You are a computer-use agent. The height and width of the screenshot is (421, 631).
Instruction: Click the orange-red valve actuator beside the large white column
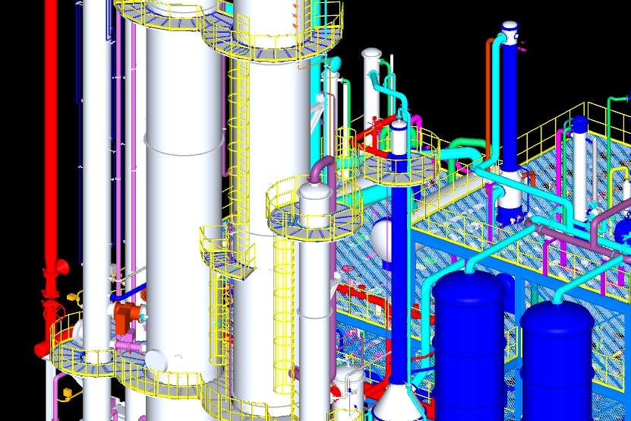pos(128,313)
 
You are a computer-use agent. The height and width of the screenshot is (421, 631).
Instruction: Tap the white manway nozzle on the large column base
pos(155,359)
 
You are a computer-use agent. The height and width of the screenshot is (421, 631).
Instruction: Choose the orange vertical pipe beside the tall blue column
pos(488,91)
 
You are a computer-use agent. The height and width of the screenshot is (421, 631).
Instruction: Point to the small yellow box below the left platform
pos(67,393)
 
